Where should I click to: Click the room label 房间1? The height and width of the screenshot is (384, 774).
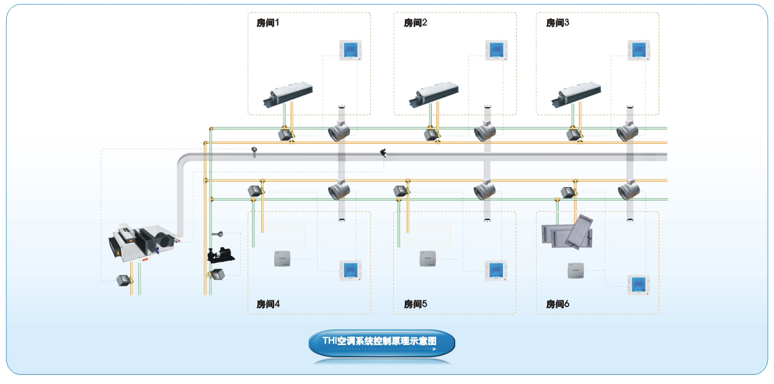coord(268,23)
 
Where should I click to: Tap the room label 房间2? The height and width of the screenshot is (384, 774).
coord(415,23)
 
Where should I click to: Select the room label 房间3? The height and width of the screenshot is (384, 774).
coord(558,23)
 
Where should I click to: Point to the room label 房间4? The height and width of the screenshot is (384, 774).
coord(268,304)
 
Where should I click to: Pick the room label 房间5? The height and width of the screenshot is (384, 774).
coord(415,304)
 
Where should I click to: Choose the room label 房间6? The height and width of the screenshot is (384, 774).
coord(558,304)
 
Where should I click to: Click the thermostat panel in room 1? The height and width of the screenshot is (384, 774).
coord(350,50)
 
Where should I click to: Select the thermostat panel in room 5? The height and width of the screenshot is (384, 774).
coord(496,271)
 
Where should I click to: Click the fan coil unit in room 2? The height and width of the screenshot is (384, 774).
coord(434,94)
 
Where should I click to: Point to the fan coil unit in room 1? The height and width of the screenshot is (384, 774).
coord(287,94)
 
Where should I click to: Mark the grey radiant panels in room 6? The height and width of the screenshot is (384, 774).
coord(567,232)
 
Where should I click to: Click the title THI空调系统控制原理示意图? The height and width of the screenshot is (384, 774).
coord(381,341)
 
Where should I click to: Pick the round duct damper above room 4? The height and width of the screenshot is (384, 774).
coord(339,190)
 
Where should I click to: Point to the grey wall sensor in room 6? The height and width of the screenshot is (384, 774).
coord(576,271)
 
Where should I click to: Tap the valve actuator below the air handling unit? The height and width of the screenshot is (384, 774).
coord(125,281)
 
